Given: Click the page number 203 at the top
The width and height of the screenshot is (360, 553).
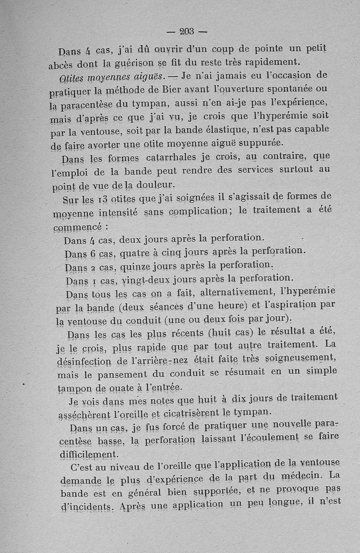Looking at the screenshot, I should pyautogui.click(x=186, y=32).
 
